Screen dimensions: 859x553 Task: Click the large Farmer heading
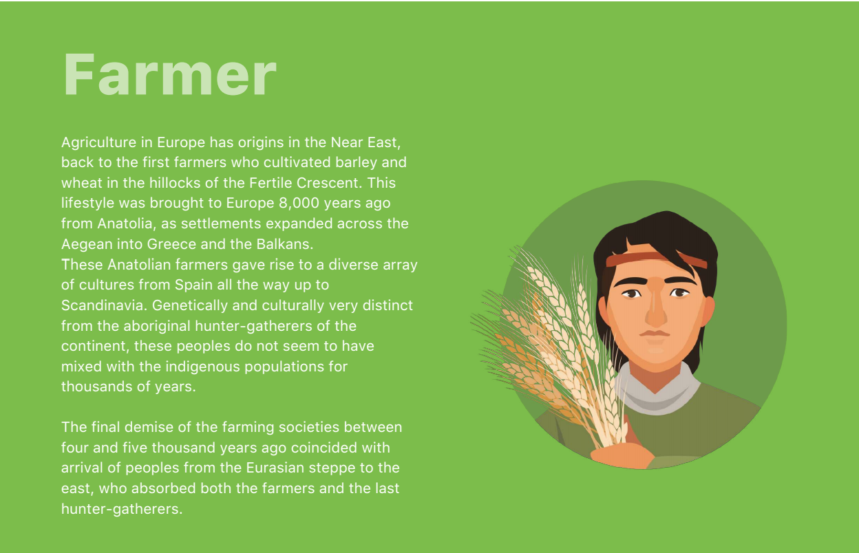pyautogui.click(x=169, y=75)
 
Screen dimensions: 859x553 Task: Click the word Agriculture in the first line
pyautogui.click(x=99, y=142)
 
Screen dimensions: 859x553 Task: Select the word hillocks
pyautogui.click(x=175, y=183)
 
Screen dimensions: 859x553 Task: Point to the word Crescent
pyautogui.click(x=328, y=183)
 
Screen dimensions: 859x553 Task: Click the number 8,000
pyautogui.click(x=299, y=203)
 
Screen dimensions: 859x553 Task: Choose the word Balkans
pyautogui.click(x=285, y=244)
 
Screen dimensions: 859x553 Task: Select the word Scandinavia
pyautogui.click(x=105, y=305)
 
